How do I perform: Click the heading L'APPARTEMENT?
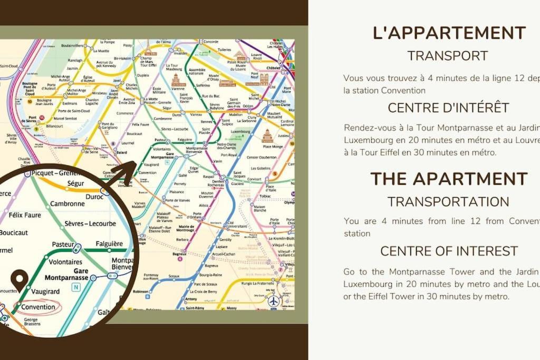(x=449, y=33)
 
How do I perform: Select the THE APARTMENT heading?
(x=449, y=179)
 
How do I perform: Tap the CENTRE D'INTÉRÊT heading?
(x=449, y=108)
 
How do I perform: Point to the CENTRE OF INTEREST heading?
(x=449, y=251)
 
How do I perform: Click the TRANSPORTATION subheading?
(x=448, y=201)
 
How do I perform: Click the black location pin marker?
(x=20, y=280)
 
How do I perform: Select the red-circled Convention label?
(x=38, y=307)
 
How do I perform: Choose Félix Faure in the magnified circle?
(x=25, y=215)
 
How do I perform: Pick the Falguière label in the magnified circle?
(x=109, y=244)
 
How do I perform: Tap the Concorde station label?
(x=210, y=42)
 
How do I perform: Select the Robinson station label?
(x=141, y=291)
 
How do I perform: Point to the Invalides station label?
(x=181, y=53)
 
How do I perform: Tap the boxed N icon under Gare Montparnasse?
(x=77, y=287)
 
